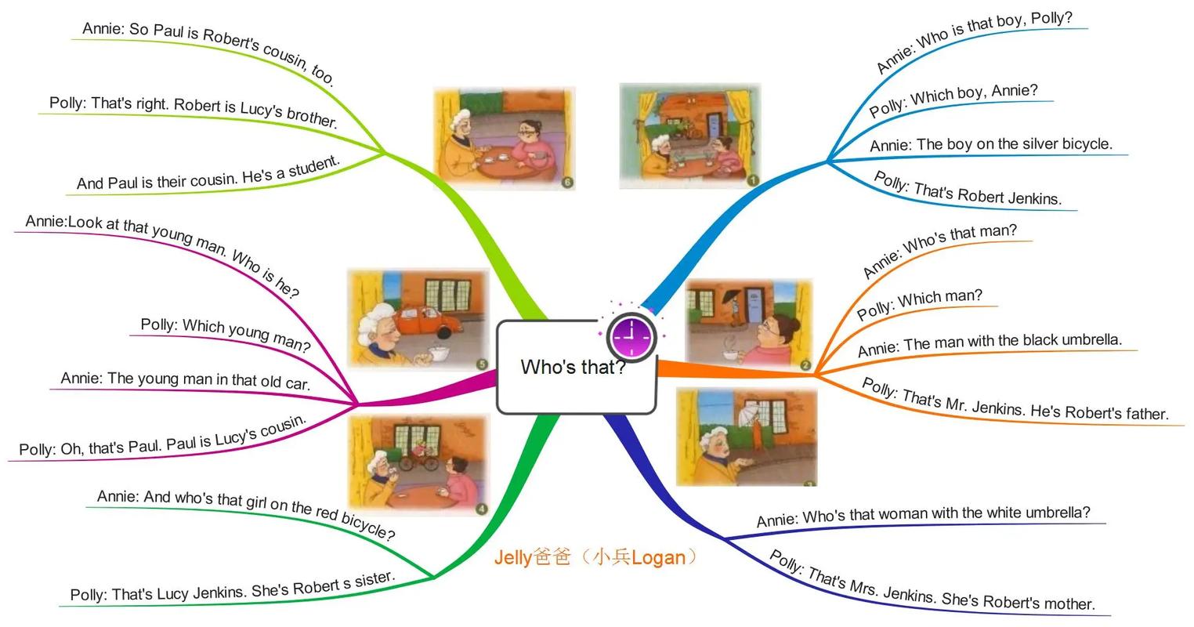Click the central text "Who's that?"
tap(573, 367)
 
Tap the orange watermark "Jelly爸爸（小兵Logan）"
tap(595, 557)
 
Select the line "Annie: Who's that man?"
tap(939, 250)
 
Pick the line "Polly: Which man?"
tap(919, 304)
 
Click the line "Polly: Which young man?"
tap(226, 335)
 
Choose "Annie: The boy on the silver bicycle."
tap(990, 144)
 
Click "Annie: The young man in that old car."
tap(186, 380)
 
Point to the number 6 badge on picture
tap(568, 183)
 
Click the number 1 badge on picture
tap(753, 180)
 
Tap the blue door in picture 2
tap(754, 304)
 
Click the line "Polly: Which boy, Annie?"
tap(953, 100)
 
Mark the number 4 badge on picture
tap(481, 509)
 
